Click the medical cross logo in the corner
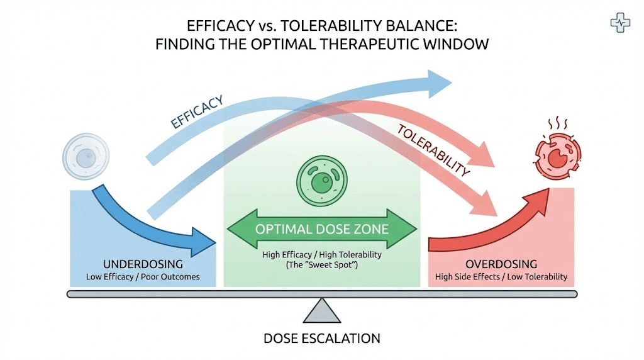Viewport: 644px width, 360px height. [x=621, y=23]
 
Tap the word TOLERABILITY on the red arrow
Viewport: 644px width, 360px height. [x=433, y=150]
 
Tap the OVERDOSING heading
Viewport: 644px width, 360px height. [x=501, y=264]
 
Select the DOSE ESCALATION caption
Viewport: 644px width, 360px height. [x=322, y=339]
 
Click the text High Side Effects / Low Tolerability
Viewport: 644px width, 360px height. [x=501, y=277]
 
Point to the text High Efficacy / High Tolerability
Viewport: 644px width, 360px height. [x=322, y=256]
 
